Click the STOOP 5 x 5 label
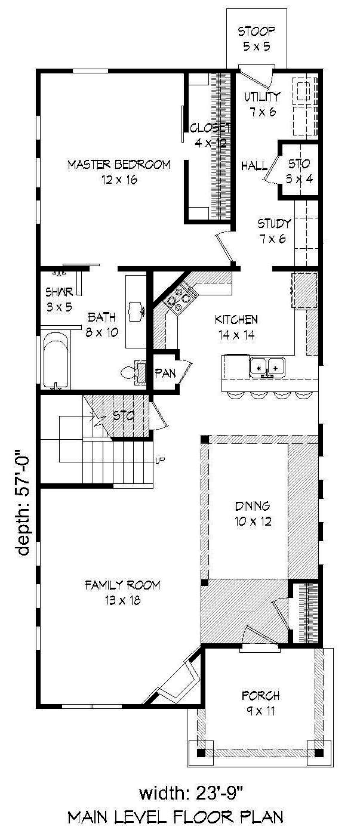[257, 38]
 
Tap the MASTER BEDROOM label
[118, 172]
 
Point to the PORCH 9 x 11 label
[260, 702]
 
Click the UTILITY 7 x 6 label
[262, 103]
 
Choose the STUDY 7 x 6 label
[274, 231]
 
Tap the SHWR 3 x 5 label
[59, 300]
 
